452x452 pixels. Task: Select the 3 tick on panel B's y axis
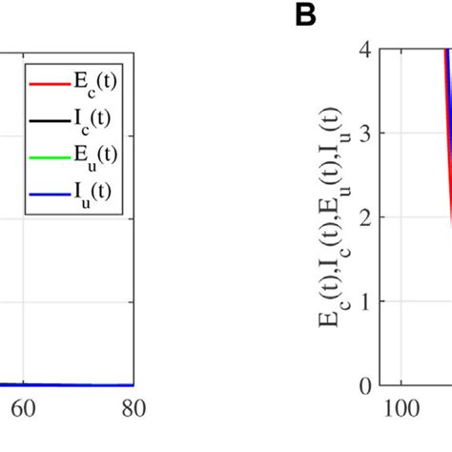coord(365,133)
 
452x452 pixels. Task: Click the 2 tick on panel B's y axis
coord(365,217)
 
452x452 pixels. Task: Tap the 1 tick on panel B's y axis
coord(365,301)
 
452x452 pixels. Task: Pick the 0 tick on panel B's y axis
coord(365,386)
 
